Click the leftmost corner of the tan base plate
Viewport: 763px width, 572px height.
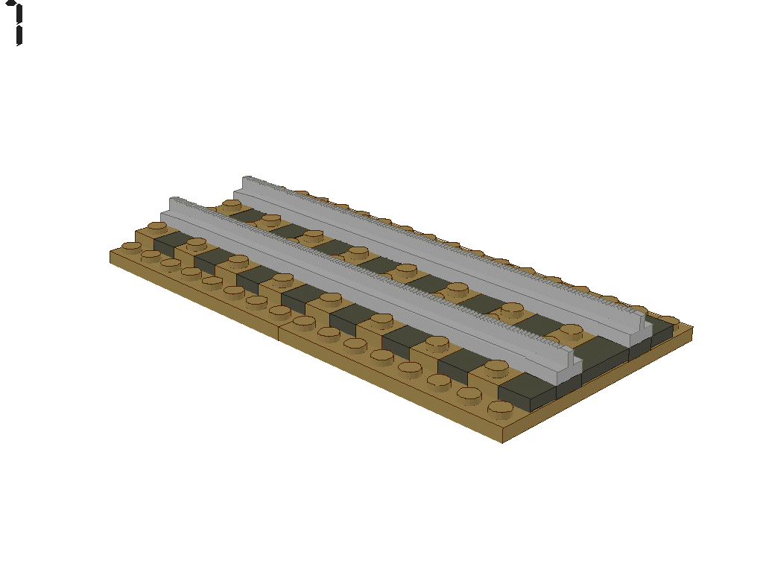(110, 255)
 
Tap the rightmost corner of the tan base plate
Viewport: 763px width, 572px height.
(693, 329)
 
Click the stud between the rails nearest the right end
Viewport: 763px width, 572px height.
(572, 330)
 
